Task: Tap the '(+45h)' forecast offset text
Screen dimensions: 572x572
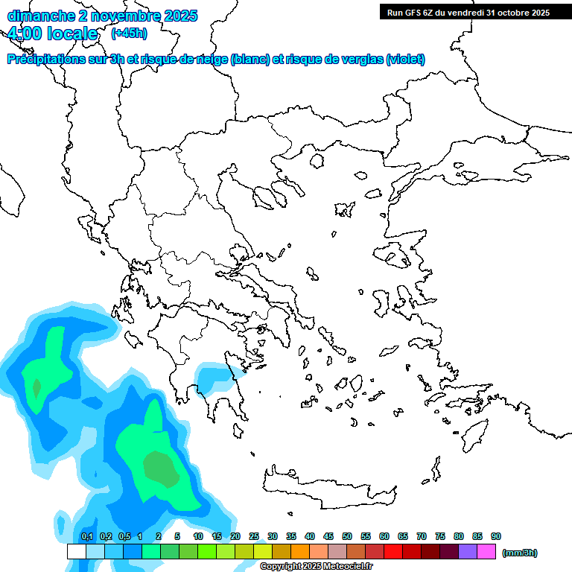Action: click(129, 34)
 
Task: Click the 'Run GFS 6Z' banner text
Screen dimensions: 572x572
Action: click(417, 12)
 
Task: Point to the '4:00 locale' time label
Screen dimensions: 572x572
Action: click(51, 34)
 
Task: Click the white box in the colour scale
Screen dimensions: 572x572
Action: click(77, 552)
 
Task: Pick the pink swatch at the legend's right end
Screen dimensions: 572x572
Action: click(486, 552)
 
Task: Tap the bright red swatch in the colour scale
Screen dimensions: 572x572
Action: click(393, 552)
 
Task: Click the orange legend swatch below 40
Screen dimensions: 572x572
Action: click(300, 552)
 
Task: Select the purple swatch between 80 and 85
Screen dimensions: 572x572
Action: click(468, 552)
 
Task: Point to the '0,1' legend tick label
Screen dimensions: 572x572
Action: click(87, 536)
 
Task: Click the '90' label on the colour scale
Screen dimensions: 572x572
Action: click(496, 536)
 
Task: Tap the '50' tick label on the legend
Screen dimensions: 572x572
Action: click(347, 536)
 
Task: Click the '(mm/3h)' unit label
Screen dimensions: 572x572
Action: click(520, 553)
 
